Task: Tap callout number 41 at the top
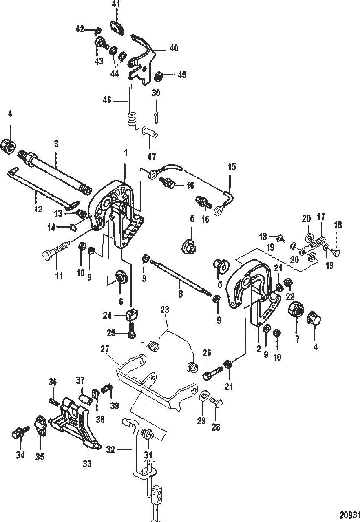tap(117, 4)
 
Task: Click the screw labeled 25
tap(131, 331)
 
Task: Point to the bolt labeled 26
tap(211, 373)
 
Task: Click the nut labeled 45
tap(160, 75)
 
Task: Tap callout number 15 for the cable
tap(232, 167)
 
